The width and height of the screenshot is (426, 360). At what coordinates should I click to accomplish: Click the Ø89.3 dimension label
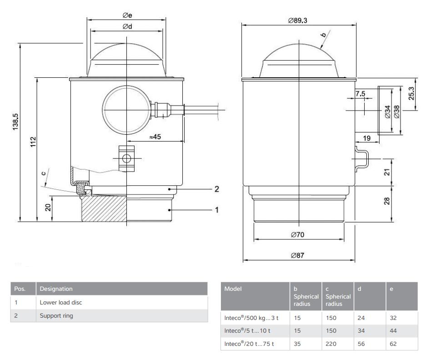298,21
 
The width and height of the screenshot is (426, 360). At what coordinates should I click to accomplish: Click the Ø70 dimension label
298,235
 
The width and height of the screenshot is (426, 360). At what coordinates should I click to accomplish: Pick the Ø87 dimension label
298,255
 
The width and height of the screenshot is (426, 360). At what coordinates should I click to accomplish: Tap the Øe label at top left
127,15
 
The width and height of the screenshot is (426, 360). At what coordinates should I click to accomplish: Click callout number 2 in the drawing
217,188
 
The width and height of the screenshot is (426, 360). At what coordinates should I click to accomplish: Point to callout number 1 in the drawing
217,210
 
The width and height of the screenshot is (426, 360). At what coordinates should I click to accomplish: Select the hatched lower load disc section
104,209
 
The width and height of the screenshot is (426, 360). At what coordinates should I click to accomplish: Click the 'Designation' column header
56,289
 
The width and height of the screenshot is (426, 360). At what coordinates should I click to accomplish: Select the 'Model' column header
233,289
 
